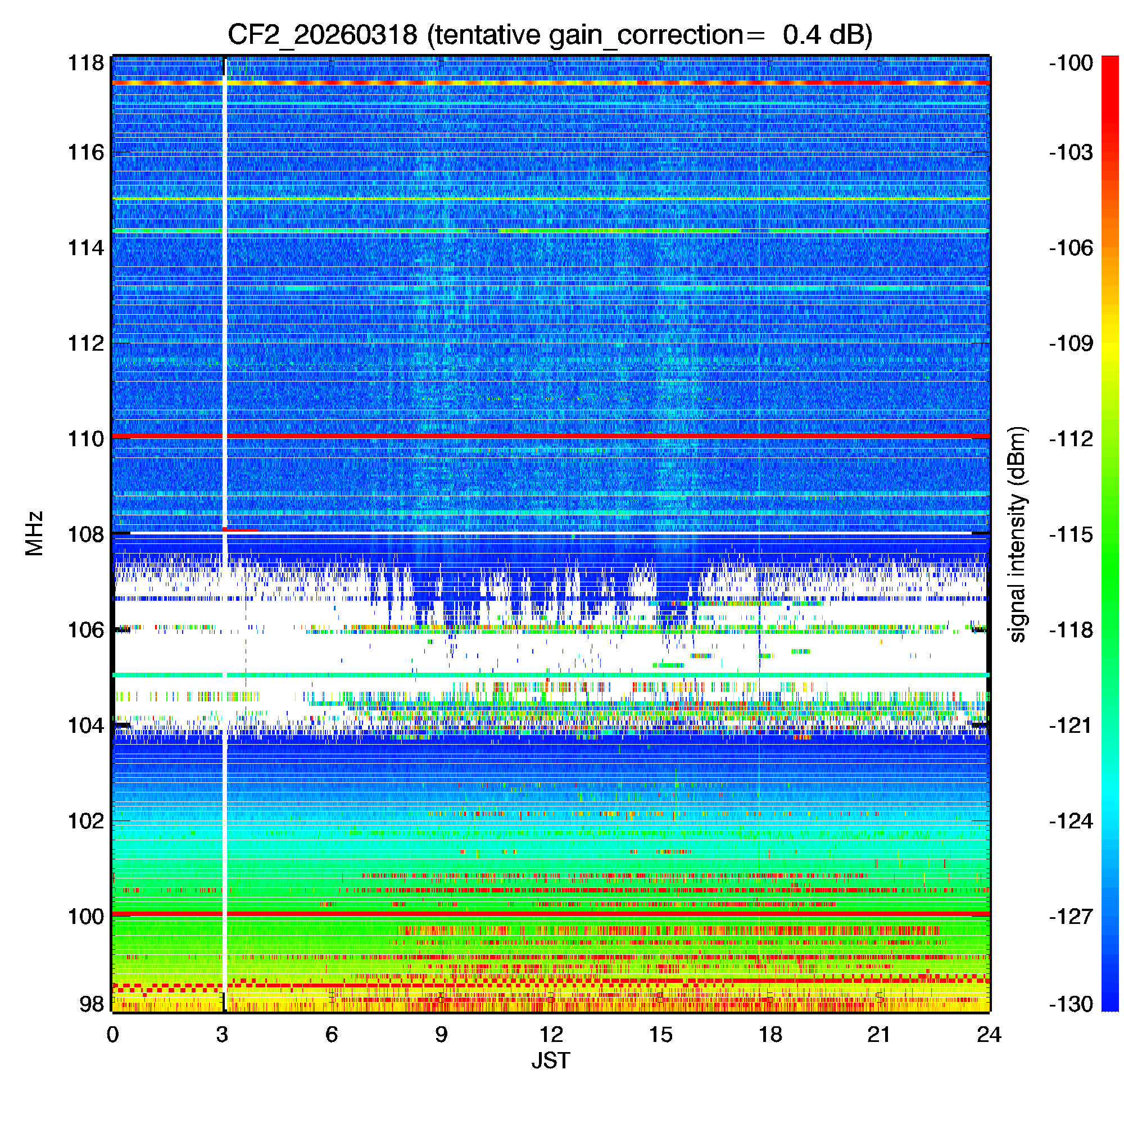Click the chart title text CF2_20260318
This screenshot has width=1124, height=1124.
[x=322, y=35]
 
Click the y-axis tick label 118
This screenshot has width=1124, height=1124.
[x=86, y=63]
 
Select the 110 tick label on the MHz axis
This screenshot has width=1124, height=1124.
[x=86, y=439]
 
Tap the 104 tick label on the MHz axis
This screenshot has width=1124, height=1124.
[x=86, y=726]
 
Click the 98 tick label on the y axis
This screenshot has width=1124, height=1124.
[x=92, y=1004]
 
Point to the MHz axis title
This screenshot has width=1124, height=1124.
[x=34, y=533]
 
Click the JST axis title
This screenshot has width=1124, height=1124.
[x=550, y=1060]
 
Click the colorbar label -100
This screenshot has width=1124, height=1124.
[x=1071, y=63]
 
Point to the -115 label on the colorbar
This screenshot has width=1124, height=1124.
[x=1071, y=534]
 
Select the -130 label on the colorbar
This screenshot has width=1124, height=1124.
[x=1071, y=1004]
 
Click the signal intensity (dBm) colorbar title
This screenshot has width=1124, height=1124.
[x=1018, y=534]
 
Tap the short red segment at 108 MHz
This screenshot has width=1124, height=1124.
[x=241, y=530]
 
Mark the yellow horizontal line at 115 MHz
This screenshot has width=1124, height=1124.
[x=550, y=200]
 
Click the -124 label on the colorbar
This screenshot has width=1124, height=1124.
[x=1071, y=821]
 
